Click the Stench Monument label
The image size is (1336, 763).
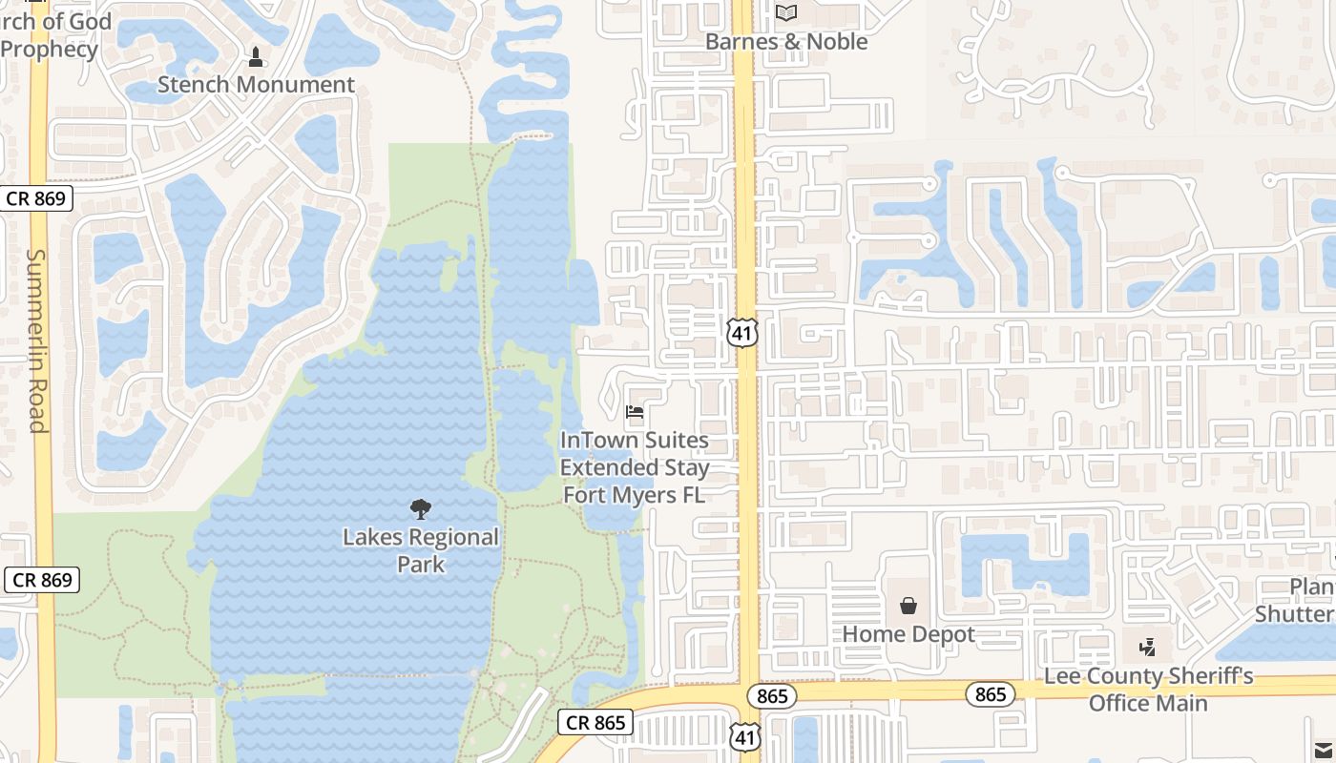(x=256, y=84)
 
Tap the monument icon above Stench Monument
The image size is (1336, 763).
(x=255, y=57)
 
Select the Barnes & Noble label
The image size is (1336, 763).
(x=786, y=42)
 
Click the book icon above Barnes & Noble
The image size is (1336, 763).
(x=785, y=12)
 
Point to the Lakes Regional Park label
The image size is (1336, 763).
(x=421, y=550)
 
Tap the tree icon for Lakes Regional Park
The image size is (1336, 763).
(x=420, y=509)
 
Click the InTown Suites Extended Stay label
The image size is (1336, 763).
(x=635, y=467)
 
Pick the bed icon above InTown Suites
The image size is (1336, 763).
(x=635, y=412)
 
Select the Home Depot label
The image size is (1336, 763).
(x=908, y=634)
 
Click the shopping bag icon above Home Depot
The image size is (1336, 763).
(x=908, y=606)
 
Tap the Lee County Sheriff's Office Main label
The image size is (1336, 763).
(x=1149, y=690)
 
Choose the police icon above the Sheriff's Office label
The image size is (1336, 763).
(x=1148, y=648)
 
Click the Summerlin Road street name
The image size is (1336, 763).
(x=36, y=340)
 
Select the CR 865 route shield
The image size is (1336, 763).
(x=595, y=723)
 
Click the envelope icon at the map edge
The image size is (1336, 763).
(x=1324, y=750)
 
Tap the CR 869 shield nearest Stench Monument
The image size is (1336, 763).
(x=36, y=198)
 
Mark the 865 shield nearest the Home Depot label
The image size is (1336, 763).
(x=771, y=696)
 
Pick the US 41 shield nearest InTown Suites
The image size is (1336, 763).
(x=741, y=332)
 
